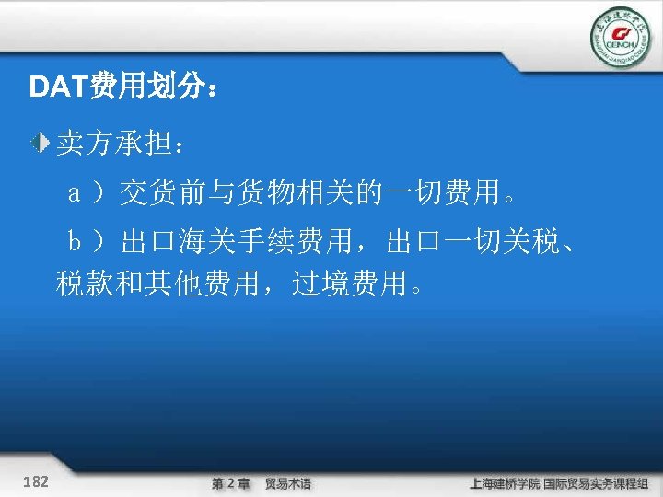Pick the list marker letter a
click(x=77, y=194)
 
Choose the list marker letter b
click(x=77, y=243)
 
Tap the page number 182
click(x=38, y=481)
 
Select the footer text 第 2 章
click(x=229, y=483)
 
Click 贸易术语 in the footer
click(x=288, y=483)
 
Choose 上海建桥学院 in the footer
click(x=505, y=483)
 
